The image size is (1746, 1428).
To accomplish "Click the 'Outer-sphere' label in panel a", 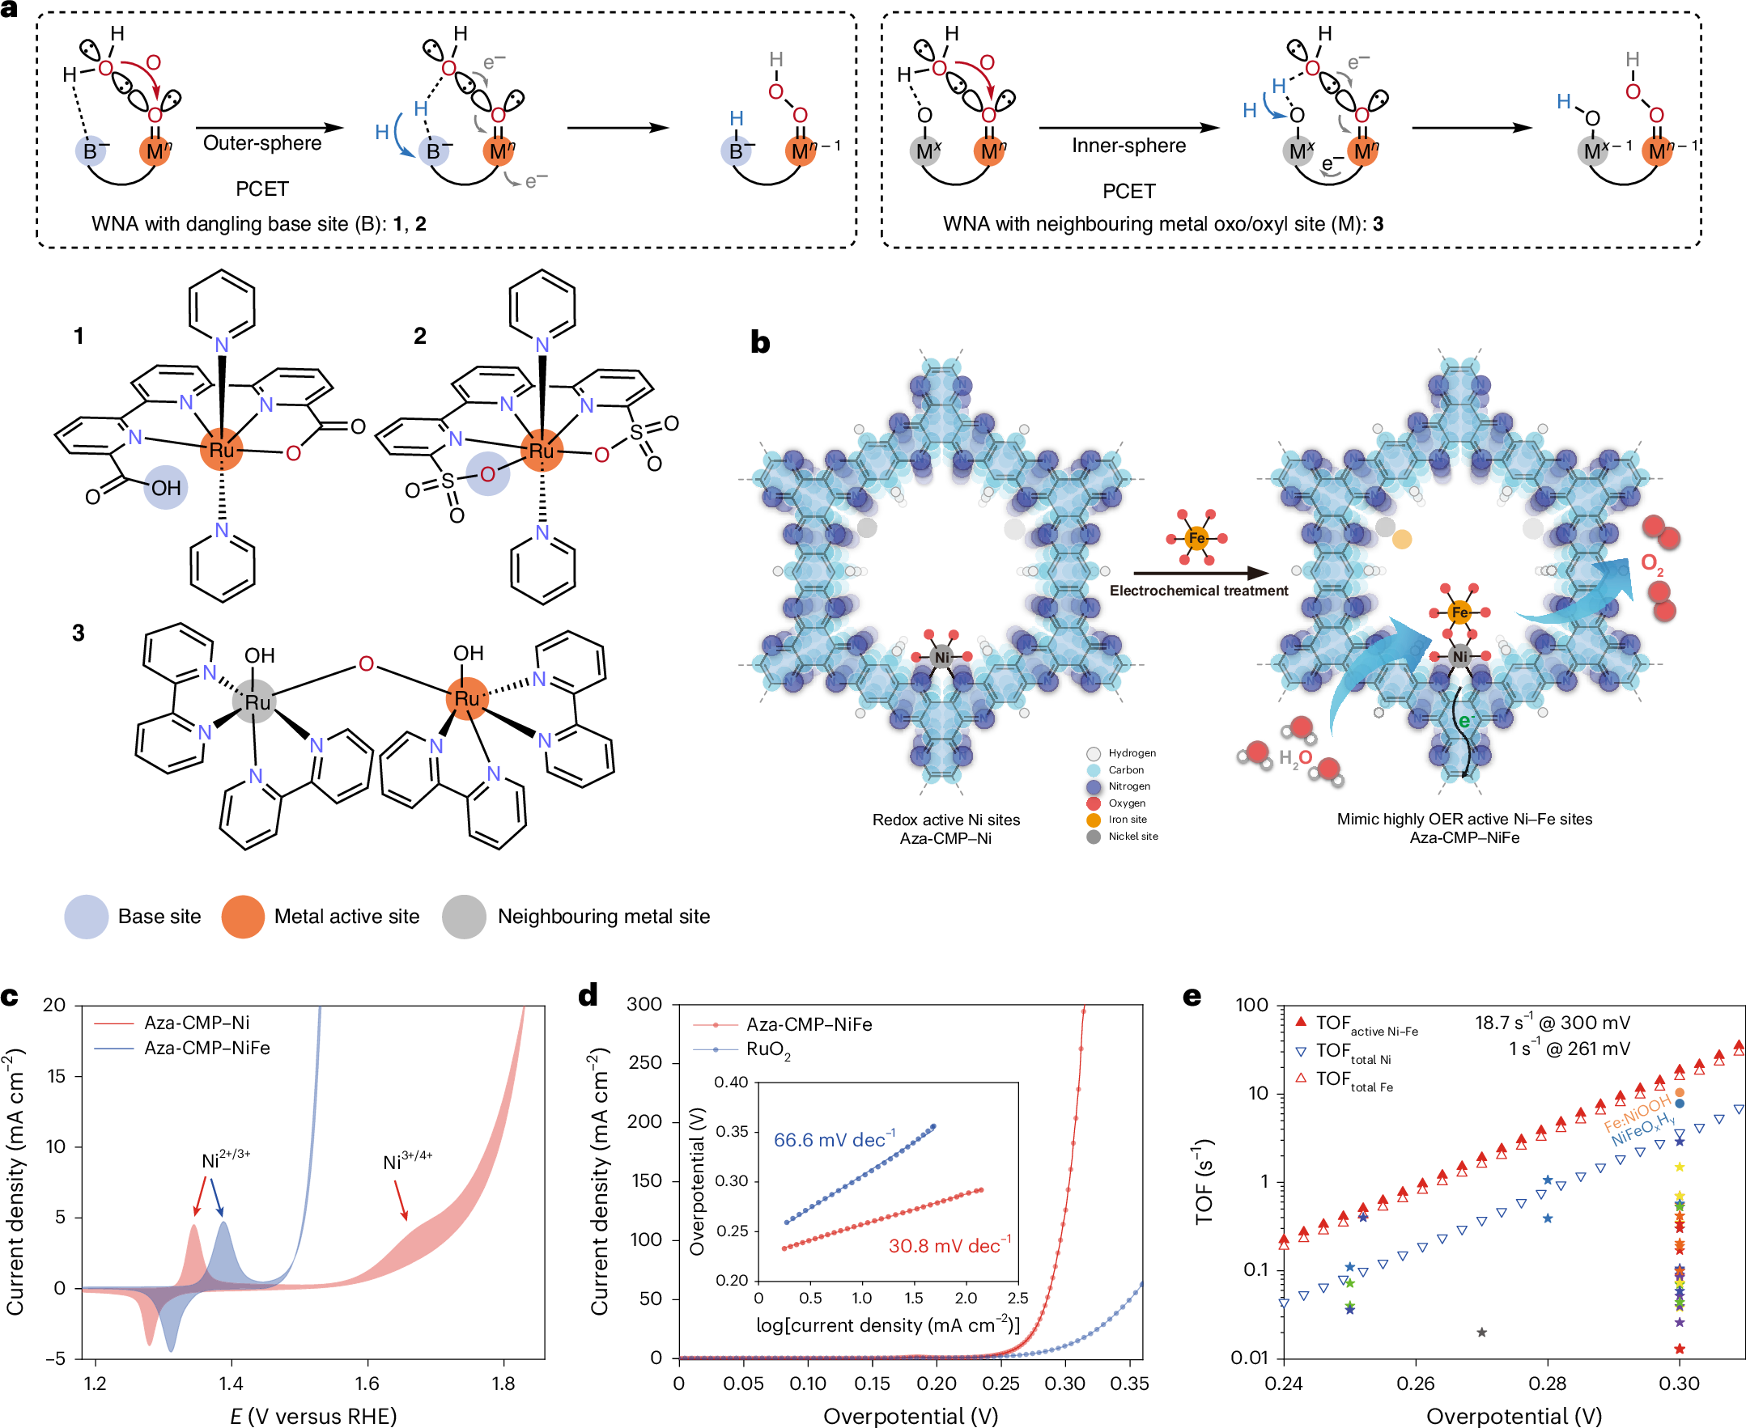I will click(261, 143).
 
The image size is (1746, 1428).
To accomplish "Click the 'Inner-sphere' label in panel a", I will click(1128, 146).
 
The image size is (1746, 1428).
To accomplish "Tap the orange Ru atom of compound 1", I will click(221, 450).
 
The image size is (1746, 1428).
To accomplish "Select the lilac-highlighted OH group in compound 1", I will click(165, 488).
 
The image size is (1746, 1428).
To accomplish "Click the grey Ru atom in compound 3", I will click(255, 701).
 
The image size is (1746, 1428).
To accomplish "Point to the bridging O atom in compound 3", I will click(366, 663).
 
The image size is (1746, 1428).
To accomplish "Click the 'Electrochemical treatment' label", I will click(1198, 591).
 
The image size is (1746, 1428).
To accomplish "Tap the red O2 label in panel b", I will click(1651, 564).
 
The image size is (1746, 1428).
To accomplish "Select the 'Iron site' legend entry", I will click(1127, 820).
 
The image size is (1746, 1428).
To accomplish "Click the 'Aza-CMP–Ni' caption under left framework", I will click(945, 838).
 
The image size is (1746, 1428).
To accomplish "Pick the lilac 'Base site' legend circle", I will click(87, 917).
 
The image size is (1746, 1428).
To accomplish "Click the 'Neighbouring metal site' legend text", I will click(603, 917).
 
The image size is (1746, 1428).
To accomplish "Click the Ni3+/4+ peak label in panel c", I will click(407, 1162).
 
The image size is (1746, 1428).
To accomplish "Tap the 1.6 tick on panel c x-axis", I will click(367, 1383).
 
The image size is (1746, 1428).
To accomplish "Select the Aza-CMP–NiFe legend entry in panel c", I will click(206, 1048).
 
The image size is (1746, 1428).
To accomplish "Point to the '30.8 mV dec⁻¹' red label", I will click(949, 1245).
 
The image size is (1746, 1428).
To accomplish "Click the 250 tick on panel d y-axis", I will click(644, 1063).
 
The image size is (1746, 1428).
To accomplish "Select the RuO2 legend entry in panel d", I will click(767, 1049).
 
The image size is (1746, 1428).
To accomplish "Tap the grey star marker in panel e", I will click(1481, 1332).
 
